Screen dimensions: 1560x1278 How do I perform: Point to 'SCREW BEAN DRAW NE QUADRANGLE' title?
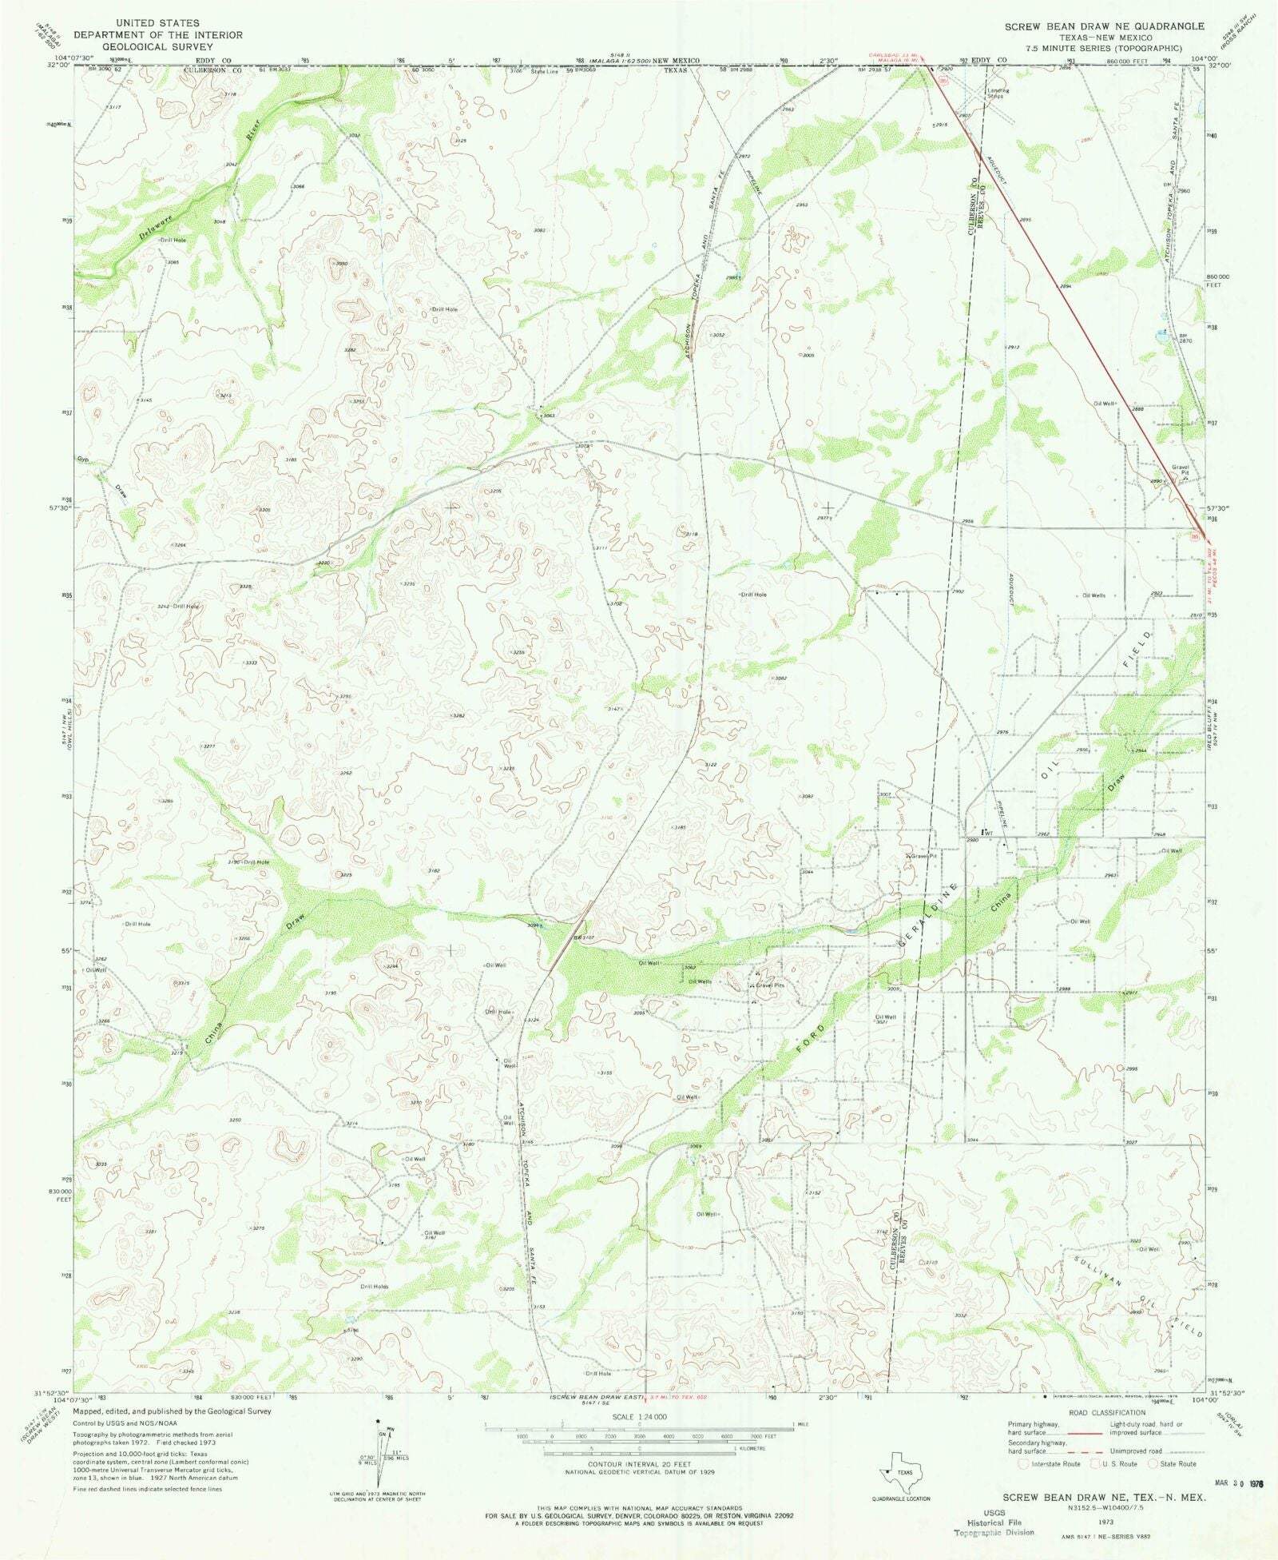coord(1104,26)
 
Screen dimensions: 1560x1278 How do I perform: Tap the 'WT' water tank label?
coord(988,833)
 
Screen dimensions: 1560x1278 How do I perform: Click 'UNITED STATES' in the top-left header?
coord(157,23)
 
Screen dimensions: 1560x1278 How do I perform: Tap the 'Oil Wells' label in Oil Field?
coord(1093,595)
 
